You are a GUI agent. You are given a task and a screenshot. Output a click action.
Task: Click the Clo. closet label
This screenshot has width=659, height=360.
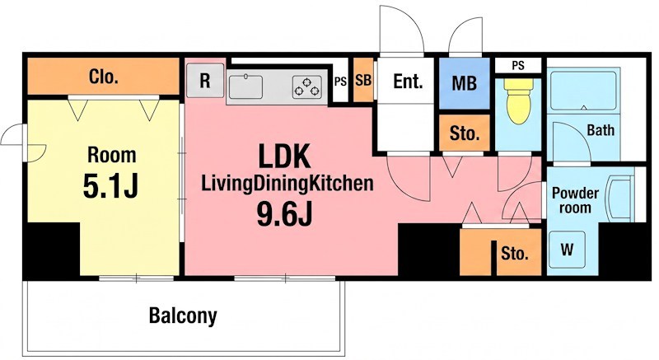coord(104,77)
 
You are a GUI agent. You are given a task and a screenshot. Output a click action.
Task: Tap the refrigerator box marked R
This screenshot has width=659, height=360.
coord(204,80)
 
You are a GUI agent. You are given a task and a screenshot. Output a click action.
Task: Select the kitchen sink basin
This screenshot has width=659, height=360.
coord(245,87)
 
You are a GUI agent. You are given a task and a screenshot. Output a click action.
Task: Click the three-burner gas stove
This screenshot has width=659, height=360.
coord(307,87)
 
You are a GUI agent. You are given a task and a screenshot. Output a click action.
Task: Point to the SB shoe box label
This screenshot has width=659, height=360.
coord(363,80)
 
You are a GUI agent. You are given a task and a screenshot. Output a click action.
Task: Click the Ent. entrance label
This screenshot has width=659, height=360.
coord(407,81)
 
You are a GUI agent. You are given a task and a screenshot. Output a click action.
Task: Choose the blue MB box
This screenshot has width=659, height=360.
coord(465,83)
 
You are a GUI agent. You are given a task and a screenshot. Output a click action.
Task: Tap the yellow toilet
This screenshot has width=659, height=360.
coord(518,101)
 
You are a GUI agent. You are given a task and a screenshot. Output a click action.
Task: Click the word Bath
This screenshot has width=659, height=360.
coord(601,130)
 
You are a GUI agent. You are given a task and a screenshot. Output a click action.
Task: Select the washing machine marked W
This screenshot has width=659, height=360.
coord(567,250)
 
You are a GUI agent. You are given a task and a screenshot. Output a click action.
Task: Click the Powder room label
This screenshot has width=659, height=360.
coord(575,200)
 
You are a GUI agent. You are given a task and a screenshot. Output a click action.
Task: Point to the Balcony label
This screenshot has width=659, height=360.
coord(183,316)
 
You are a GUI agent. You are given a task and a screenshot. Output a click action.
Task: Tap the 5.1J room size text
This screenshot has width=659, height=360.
coord(110,186)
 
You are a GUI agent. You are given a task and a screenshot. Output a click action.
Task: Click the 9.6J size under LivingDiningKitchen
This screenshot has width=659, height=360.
coord(284,214)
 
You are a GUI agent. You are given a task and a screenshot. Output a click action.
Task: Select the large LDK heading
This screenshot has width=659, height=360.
coord(284,157)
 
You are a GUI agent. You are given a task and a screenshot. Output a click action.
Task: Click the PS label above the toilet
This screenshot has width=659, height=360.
coord(518,66)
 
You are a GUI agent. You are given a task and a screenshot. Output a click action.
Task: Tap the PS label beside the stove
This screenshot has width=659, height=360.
coord(340,82)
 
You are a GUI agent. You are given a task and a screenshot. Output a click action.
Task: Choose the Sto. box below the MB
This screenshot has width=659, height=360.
coord(465,133)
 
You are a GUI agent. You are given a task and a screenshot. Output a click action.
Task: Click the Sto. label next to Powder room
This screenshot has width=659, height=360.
coord(514,253)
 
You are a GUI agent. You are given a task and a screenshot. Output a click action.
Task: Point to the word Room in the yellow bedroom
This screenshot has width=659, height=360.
coord(112,155)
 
